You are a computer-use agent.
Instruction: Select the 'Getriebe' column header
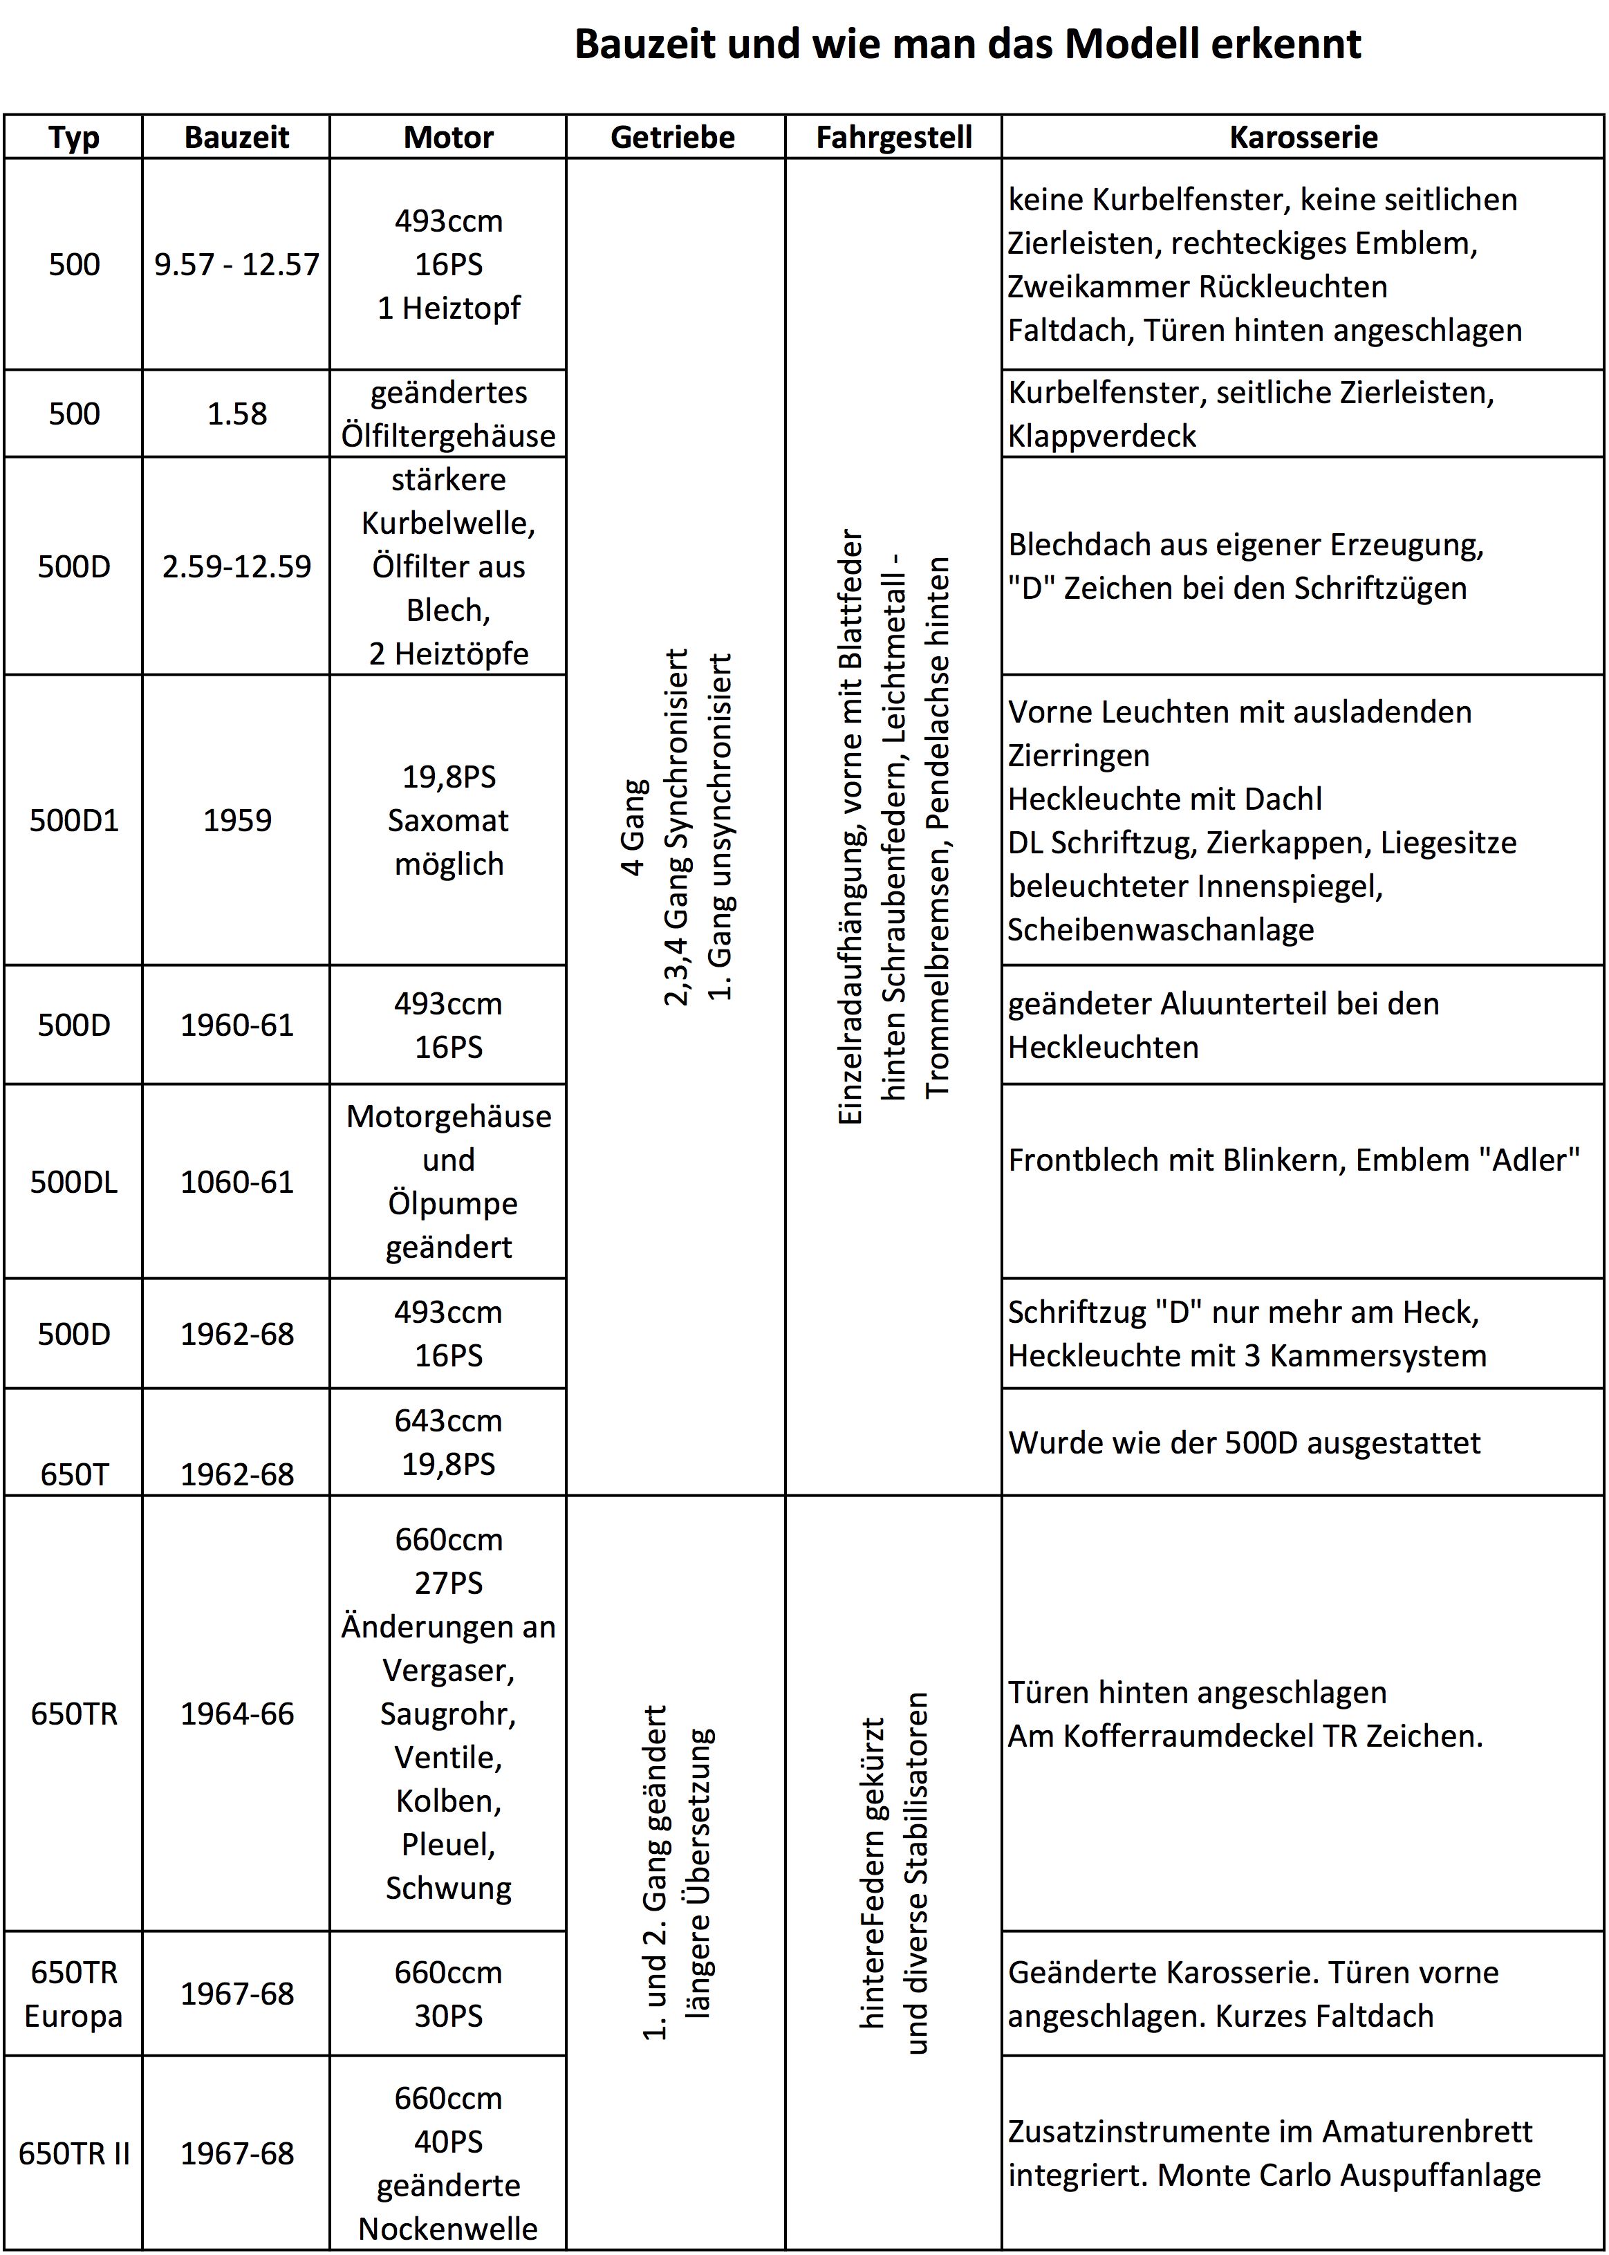tap(673, 137)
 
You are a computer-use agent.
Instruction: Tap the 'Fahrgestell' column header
tap(893, 137)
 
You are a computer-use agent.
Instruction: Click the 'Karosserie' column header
tap(1303, 137)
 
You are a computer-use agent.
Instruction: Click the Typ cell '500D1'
tap(74, 820)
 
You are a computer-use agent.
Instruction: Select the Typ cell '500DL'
tap(74, 1182)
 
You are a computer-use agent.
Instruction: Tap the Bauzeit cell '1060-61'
tap(236, 1182)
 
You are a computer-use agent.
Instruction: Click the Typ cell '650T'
tap(74, 1474)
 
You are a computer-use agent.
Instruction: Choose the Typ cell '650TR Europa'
tap(74, 1994)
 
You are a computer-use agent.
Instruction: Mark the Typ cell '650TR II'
tap(74, 2153)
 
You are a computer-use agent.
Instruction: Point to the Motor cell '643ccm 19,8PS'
tap(449, 1442)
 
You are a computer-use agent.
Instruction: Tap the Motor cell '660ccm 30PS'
tap(449, 1994)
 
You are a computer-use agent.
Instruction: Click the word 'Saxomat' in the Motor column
tap(449, 820)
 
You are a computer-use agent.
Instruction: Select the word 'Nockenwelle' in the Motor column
tap(449, 2228)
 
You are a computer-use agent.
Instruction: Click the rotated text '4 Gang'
tap(632, 827)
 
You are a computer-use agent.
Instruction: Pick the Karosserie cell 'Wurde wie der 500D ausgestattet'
tap(1245, 1442)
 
